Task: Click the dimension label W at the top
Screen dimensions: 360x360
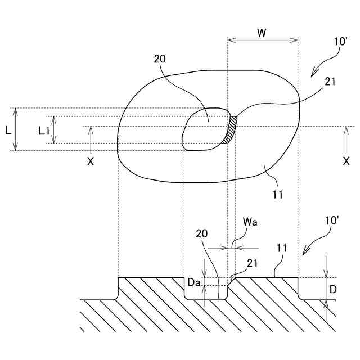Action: (x=262, y=33)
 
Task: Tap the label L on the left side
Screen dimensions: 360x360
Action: (x=7, y=130)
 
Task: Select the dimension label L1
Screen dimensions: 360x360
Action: (x=44, y=130)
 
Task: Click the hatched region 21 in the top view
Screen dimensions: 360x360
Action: (x=230, y=130)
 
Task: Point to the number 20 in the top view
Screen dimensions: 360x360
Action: (x=160, y=58)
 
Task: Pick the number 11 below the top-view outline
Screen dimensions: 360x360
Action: (x=277, y=195)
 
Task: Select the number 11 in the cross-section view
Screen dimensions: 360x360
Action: (x=282, y=247)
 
